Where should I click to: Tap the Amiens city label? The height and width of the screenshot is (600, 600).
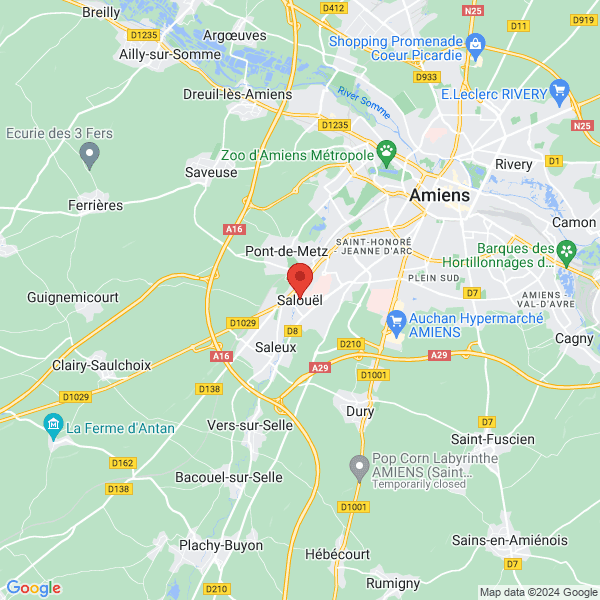coord(439,196)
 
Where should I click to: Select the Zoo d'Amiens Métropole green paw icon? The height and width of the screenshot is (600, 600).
coord(386,153)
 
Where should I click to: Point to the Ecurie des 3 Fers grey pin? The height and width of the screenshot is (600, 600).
coord(89,155)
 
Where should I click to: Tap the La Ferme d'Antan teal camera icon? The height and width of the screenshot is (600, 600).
coord(54,428)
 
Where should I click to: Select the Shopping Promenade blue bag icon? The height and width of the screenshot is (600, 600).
coord(475,43)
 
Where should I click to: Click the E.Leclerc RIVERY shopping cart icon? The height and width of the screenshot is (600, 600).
coord(560,93)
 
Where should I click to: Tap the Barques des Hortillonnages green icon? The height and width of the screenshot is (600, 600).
coord(567,250)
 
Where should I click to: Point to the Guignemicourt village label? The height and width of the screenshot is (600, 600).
coord(73,298)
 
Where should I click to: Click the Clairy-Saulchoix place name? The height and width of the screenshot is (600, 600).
coord(89,365)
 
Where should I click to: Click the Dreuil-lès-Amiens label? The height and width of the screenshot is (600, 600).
coord(237,94)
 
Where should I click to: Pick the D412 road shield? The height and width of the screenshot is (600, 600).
coord(333,8)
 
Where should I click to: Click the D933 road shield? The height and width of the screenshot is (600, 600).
coord(427,76)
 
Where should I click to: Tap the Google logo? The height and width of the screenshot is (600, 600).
coord(33,588)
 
